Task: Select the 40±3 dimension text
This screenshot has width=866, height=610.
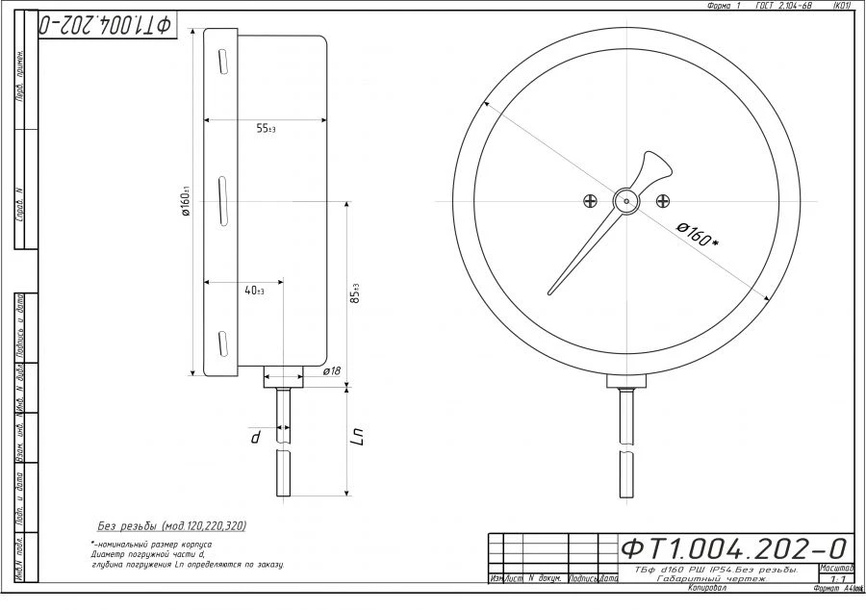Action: pyautogui.click(x=254, y=291)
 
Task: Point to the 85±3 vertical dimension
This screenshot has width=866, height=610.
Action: pyautogui.click(x=355, y=293)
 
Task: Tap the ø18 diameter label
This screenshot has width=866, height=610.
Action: pyautogui.click(x=331, y=370)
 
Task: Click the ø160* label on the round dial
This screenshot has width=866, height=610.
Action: pyautogui.click(x=697, y=235)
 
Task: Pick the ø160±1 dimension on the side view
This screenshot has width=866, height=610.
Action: pyautogui.click(x=188, y=202)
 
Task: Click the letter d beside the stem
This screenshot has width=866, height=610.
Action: pyautogui.click(x=256, y=437)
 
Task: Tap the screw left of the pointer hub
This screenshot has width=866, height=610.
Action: pyautogui.click(x=590, y=200)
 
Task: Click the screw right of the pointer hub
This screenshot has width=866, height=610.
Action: pyautogui.click(x=662, y=200)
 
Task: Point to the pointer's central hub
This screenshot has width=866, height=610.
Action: pyautogui.click(x=625, y=200)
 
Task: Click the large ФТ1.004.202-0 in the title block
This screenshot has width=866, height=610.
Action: pyautogui.click(x=735, y=548)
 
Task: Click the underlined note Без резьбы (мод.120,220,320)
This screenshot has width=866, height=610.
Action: pyautogui.click(x=172, y=526)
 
